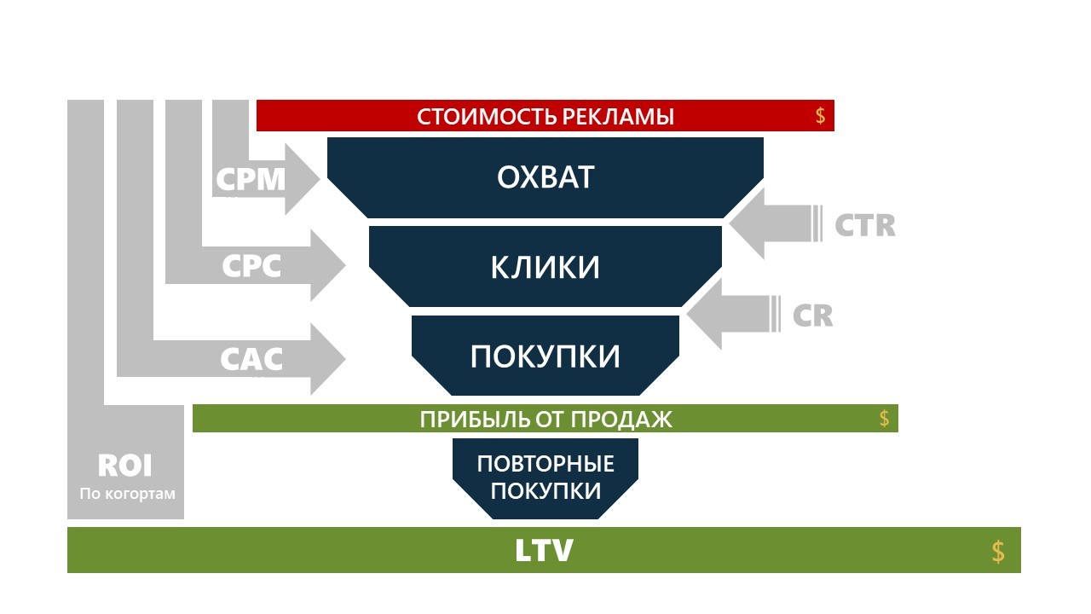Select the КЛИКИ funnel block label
(545, 267)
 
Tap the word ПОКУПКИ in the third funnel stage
(545, 356)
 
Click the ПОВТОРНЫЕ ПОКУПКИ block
(545, 478)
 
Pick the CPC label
(251, 267)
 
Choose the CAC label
(251, 359)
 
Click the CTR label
(864, 225)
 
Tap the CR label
(812, 316)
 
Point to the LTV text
(544, 551)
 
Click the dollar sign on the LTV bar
(998, 552)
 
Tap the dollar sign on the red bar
(820, 117)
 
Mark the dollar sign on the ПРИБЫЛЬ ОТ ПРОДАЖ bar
(884, 419)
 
